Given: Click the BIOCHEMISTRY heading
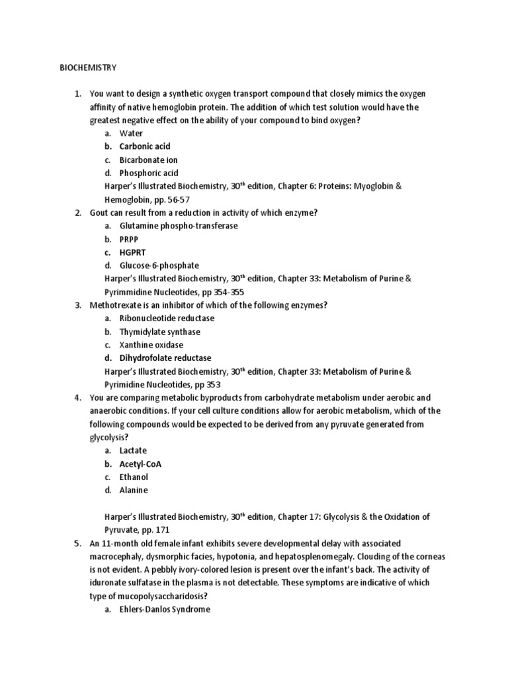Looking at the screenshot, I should [x=88, y=67].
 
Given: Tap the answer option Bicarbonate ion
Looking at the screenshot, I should [x=148, y=160].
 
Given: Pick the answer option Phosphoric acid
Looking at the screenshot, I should [x=149, y=173].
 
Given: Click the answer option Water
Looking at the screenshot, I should [x=131, y=133].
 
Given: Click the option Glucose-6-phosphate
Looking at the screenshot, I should [x=154, y=266].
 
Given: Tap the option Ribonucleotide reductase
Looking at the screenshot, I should [x=167, y=318].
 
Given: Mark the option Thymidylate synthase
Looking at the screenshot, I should [x=159, y=332].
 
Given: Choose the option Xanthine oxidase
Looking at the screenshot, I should [x=151, y=345].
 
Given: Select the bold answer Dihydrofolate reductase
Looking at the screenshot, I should [x=165, y=358].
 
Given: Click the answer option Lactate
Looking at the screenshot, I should [x=133, y=450].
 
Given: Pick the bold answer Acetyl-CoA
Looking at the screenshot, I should [x=140, y=463].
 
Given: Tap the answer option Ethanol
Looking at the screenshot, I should [x=134, y=477].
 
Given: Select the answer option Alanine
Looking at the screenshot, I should [x=134, y=490].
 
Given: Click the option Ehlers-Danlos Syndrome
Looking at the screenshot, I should [x=165, y=609].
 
